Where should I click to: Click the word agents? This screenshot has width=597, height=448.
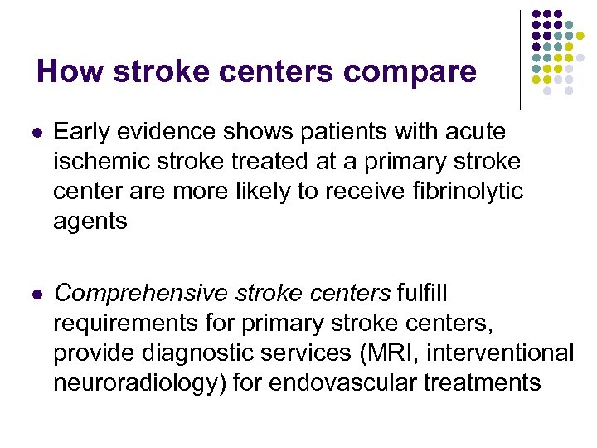[x=90, y=222]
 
